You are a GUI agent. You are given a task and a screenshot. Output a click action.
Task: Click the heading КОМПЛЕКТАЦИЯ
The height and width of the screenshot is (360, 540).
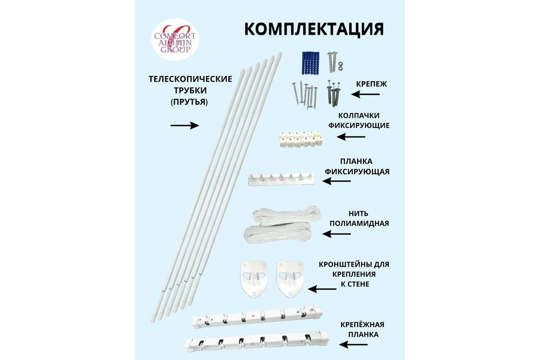tap(314, 28)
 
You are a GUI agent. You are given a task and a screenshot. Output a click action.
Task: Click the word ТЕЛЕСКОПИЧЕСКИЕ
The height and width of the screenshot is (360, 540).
tap(189, 79)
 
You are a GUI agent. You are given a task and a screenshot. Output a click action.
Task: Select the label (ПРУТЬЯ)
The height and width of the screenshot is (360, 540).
tap(189, 102)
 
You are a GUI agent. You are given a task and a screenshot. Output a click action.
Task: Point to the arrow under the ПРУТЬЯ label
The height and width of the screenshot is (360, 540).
tap(184, 126)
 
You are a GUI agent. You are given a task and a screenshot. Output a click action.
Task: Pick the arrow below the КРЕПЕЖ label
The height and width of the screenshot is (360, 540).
tap(365, 94)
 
